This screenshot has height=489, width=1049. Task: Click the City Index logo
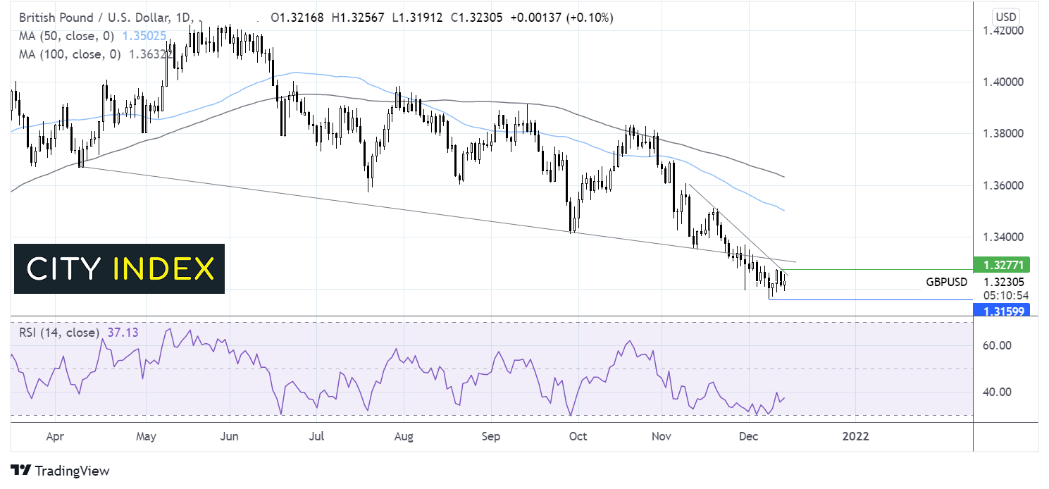(x=119, y=268)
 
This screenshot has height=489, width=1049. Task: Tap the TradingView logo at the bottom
(x=61, y=471)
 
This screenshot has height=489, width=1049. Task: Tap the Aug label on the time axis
(x=403, y=436)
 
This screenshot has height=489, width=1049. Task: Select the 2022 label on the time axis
(x=855, y=436)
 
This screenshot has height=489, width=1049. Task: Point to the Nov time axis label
(x=662, y=436)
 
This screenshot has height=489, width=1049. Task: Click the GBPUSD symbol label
(x=946, y=282)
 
